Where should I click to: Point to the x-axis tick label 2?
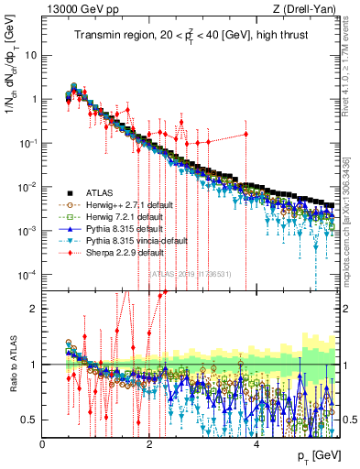coord(149,443)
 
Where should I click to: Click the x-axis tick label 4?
coord(256,443)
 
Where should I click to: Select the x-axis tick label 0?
coord(43,443)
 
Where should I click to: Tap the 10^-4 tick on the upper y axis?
coord(27,275)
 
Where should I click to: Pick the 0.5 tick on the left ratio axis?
coord(30,420)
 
